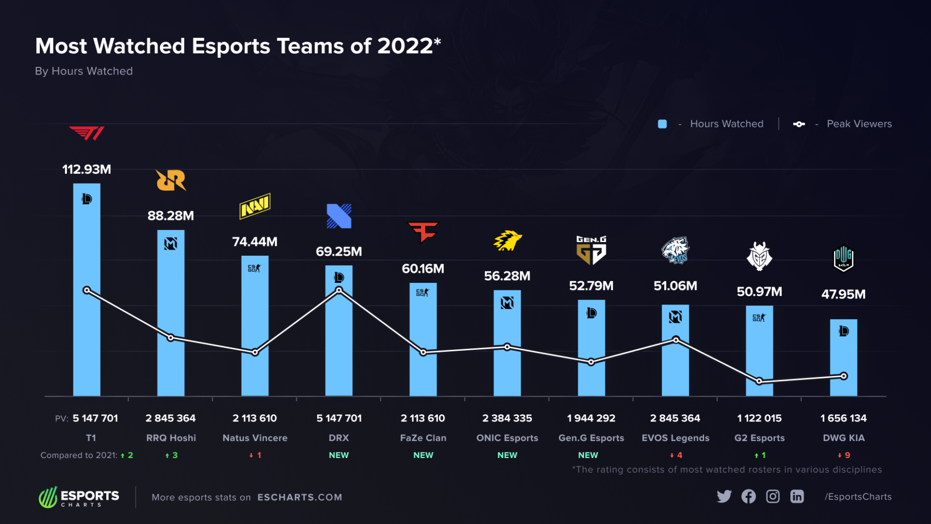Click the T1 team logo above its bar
click(x=87, y=133)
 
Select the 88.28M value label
click(x=171, y=216)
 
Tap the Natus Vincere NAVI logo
click(x=255, y=206)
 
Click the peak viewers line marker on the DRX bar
click(x=339, y=290)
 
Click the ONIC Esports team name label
click(x=507, y=438)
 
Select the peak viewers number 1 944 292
click(x=591, y=418)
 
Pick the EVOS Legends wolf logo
click(x=675, y=250)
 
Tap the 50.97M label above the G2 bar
click(x=759, y=291)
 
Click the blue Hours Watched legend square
click(x=662, y=124)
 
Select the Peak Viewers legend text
click(x=859, y=124)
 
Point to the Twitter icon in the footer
click(x=724, y=496)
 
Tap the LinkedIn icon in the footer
click(x=797, y=496)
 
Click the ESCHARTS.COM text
click(x=299, y=497)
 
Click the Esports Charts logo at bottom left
click(x=79, y=497)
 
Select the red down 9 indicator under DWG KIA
click(x=843, y=455)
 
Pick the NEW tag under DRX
click(x=339, y=455)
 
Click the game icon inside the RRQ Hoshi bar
click(x=171, y=244)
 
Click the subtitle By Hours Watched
click(x=84, y=71)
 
